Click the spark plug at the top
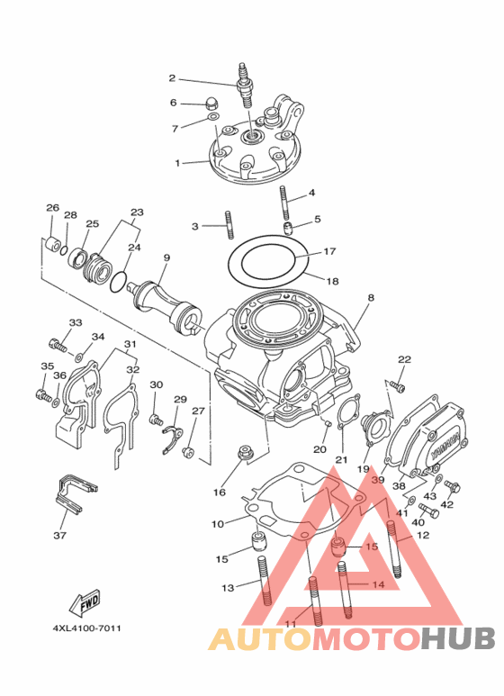245,85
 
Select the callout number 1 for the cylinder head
177,163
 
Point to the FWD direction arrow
85,602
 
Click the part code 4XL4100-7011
87,628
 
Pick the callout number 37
60,536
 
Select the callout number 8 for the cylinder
371,297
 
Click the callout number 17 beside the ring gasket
329,251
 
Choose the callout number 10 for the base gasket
218,524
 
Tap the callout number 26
52,208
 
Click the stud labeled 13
265,581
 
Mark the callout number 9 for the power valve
166,258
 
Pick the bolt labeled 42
453,487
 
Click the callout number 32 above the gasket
132,369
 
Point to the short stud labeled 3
229,224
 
